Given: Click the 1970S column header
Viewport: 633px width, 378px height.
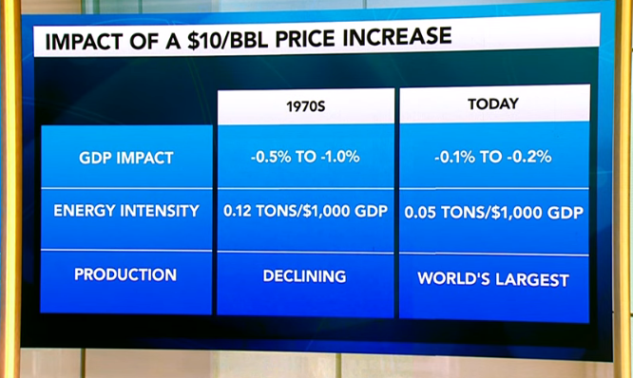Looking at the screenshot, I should pos(305,106).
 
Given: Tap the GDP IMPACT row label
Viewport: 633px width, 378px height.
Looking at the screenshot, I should pos(125,158).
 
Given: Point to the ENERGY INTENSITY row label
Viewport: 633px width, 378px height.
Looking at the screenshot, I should pos(125,212).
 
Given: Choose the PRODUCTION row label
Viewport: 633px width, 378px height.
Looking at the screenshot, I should pos(125,274).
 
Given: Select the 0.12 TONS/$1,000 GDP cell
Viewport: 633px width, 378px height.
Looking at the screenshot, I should pos(305,212).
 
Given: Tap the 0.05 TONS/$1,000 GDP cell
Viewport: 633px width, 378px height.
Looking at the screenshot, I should pos(493,213).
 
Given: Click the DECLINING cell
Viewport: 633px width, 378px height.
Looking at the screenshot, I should pos(305,275).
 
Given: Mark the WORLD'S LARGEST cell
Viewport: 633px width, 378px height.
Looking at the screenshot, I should pos(493,279).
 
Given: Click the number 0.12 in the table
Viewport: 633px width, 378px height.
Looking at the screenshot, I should pos(240,212).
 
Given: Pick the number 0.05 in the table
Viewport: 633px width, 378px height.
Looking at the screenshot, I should pos(422,213).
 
